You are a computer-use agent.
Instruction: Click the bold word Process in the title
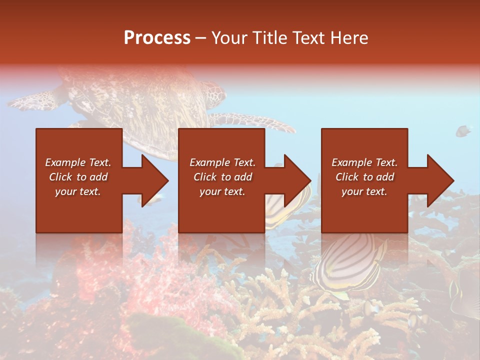[157, 38]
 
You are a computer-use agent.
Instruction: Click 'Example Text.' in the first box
[78, 162]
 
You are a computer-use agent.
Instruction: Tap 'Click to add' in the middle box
[222, 177]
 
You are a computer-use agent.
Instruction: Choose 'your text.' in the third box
[364, 191]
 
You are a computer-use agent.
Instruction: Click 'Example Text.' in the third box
[364, 162]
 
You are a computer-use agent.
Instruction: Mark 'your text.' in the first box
[78, 191]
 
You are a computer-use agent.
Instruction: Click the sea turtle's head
[216, 92]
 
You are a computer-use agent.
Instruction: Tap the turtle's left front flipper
[35, 100]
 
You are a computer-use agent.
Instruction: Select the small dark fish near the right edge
[463, 131]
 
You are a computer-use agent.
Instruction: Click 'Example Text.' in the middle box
[222, 162]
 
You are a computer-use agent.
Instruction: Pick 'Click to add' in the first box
[78, 177]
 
